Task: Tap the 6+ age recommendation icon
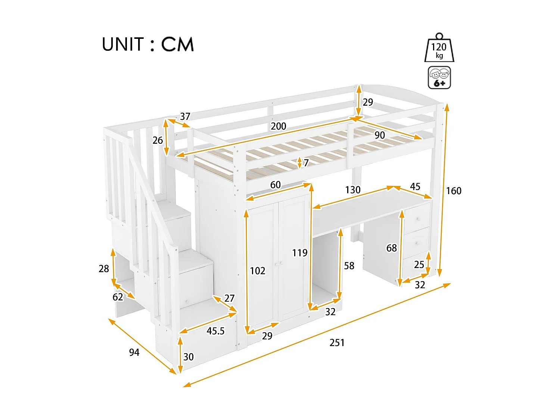coord(439,78)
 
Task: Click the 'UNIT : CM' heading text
coord(148,44)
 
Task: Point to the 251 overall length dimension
coord(337,343)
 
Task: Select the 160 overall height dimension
coord(454,191)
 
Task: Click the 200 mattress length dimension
coord(278,126)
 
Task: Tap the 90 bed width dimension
coord(380,135)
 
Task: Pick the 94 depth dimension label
coord(134,352)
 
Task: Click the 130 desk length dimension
coord(352,190)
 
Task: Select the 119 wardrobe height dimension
coord(299,253)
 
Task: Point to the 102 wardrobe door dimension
coord(257,271)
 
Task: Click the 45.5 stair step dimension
coord(215,331)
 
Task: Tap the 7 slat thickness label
coord(306,163)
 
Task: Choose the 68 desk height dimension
coord(391,248)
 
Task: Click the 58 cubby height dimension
coord(349,266)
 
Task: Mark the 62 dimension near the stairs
coord(118,297)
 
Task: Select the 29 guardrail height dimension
coord(368,102)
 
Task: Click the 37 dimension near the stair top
coord(185,116)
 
